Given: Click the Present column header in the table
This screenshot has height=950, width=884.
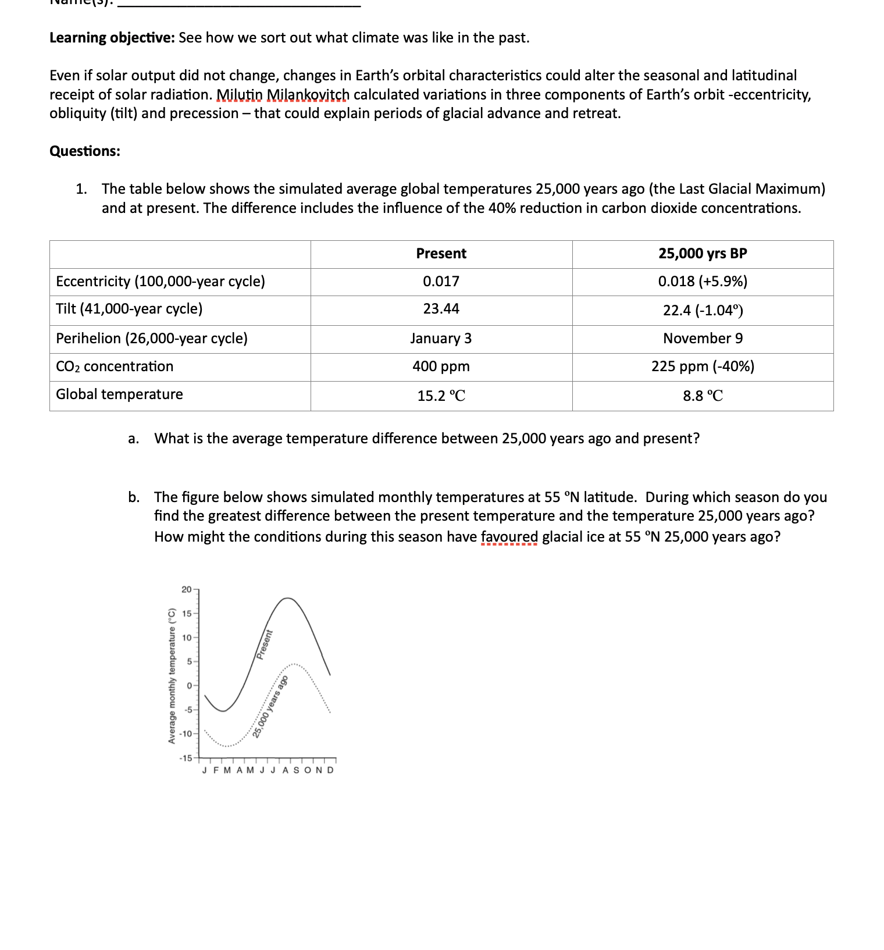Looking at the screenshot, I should [441, 254].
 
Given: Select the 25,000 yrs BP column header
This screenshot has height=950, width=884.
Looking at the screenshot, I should [703, 254].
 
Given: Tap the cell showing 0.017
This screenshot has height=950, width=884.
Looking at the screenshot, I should [441, 282].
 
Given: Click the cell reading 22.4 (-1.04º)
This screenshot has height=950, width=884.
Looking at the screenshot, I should [703, 310].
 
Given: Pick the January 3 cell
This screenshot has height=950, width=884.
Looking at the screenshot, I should [441, 339].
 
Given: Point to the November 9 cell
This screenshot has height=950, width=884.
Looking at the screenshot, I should [703, 339].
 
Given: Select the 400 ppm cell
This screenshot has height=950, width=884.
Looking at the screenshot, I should [441, 367].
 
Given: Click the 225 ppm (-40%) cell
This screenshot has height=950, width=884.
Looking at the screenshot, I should [703, 367].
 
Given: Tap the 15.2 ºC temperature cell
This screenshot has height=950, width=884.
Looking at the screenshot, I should [441, 396].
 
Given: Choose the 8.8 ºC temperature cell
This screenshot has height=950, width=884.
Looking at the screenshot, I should [703, 396].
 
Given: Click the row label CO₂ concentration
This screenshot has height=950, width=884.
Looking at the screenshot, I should [115, 367].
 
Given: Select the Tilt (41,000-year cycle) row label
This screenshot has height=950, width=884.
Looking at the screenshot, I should [129, 309].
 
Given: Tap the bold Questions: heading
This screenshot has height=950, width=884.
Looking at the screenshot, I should [85, 151].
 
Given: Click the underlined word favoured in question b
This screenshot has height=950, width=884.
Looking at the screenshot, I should [509, 536].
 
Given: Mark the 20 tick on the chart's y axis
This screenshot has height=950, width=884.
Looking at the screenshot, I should [186, 590].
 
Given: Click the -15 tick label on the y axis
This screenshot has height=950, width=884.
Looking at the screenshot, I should [186, 758].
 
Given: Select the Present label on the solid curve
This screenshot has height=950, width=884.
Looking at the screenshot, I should [265, 644].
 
